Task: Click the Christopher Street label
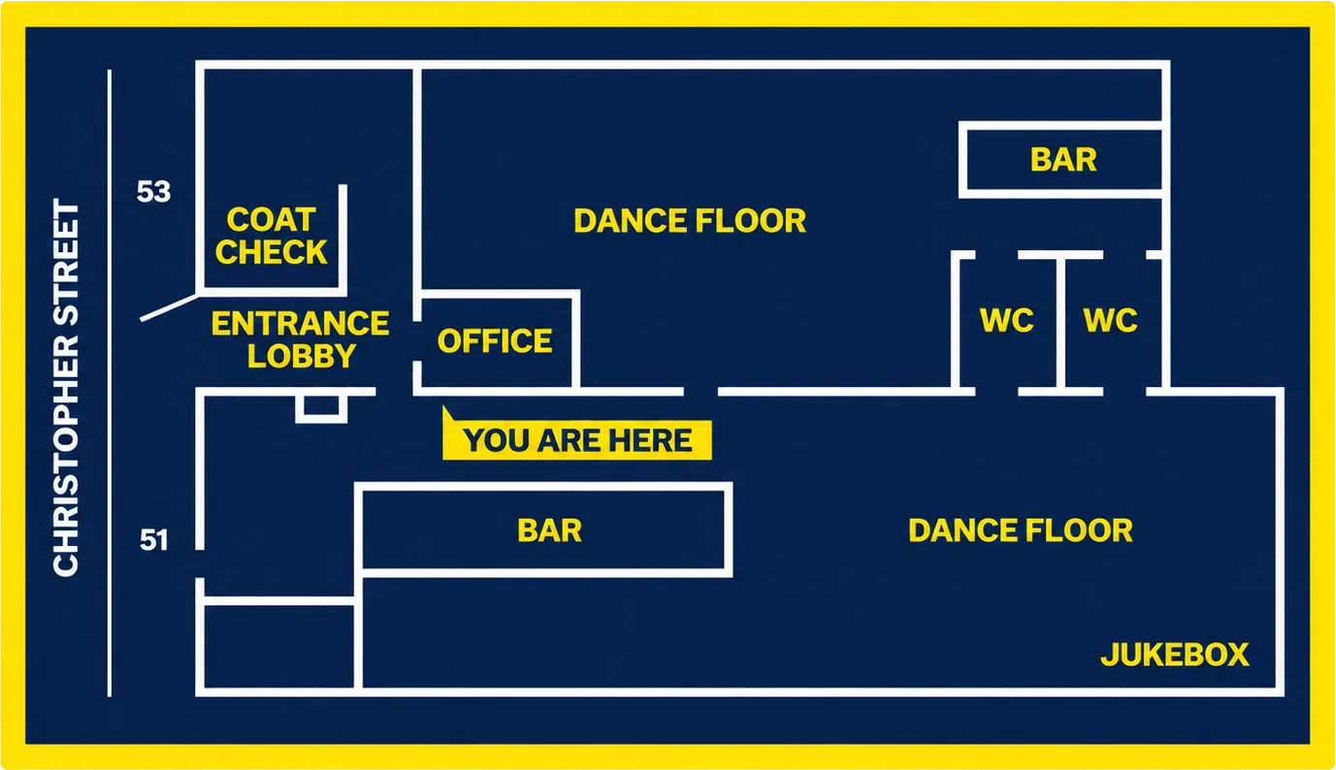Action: click(x=66, y=388)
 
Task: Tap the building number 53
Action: click(x=153, y=192)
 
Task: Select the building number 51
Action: click(x=153, y=540)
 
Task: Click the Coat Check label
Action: click(x=272, y=236)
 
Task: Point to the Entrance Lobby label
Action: click(x=301, y=339)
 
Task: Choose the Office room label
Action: click(x=495, y=341)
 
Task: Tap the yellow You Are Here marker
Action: click(x=576, y=435)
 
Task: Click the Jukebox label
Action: click(x=1174, y=655)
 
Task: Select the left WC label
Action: click(x=1007, y=320)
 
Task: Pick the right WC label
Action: click(x=1110, y=320)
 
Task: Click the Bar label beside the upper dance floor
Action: click(x=1063, y=160)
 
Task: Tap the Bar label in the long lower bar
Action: click(x=549, y=530)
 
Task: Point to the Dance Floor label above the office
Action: click(x=690, y=220)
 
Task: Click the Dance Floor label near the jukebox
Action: click(x=1021, y=530)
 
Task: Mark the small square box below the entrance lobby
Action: click(x=321, y=407)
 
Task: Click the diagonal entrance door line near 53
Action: click(x=169, y=307)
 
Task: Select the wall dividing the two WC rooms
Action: click(x=1060, y=322)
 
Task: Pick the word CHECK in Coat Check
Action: click(x=272, y=251)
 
